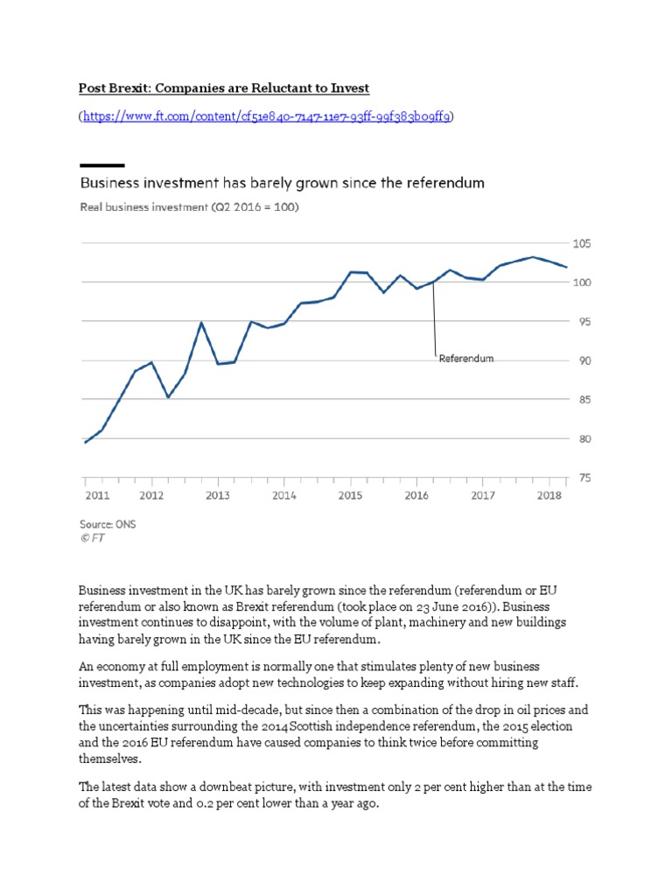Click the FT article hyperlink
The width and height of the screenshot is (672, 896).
[x=268, y=116]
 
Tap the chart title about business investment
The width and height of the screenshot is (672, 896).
[x=282, y=184]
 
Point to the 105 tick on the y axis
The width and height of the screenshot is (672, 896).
[x=582, y=243]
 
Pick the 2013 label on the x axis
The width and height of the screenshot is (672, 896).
[x=218, y=495]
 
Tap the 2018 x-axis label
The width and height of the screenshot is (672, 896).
[x=549, y=495]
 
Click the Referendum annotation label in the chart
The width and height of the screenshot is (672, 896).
[x=466, y=359]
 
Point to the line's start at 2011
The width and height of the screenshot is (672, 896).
[x=85, y=443]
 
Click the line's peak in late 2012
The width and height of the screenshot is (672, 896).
[x=201, y=323]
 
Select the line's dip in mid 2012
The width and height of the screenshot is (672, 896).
[x=168, y=397]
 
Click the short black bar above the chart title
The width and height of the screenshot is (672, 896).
[x=101, y=165]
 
